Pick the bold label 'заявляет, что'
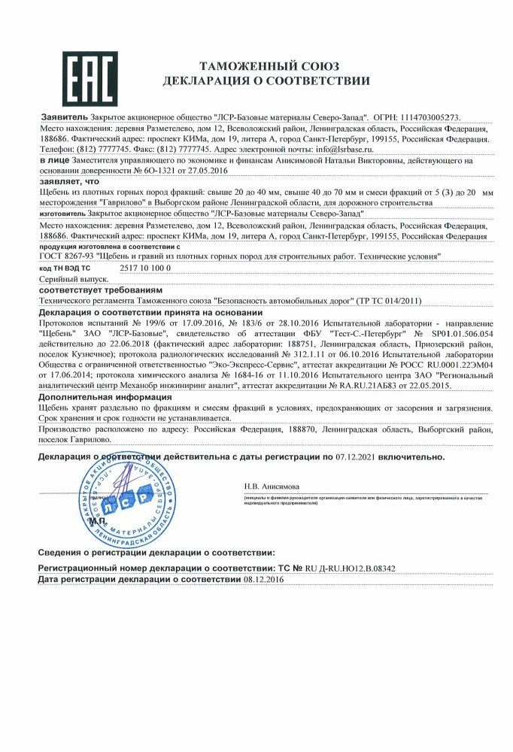tap(68, 181)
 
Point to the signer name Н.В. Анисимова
tap(272, 487)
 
